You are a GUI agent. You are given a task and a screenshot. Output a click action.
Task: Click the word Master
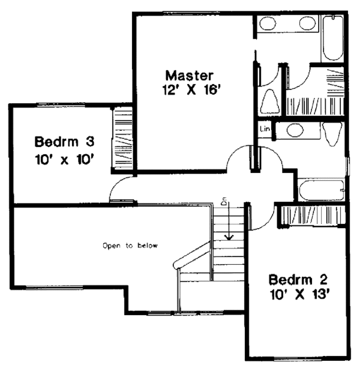[x=190, y=76]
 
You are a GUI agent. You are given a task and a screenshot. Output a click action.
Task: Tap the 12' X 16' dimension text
[x=192, y=89]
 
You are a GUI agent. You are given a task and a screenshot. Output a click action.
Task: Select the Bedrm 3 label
[x=64, y=142]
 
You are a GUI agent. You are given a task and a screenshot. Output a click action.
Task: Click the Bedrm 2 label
[x=298, y=280]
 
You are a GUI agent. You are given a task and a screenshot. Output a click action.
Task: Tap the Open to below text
[x=130, y=246]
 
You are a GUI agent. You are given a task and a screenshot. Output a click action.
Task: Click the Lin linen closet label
[x=265, y=128]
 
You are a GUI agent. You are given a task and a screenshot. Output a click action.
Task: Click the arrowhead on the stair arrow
[x=229, y=238]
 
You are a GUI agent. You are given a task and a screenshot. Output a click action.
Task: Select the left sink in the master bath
[x=268, y=23]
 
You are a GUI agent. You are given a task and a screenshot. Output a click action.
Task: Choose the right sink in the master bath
[x=308, y=23]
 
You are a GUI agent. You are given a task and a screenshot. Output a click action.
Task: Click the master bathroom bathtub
[x=332, y=38]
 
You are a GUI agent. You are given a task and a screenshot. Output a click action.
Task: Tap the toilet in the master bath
[x=270, y=102]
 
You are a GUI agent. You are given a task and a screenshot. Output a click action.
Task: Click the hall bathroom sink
[x=295, y=130]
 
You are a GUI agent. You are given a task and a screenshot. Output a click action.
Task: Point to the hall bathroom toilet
[x=332, y=134]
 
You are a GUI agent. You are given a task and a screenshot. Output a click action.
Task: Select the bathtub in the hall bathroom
[x=322, y=190]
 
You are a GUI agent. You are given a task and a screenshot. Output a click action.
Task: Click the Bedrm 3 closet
[x=122, y=139]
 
